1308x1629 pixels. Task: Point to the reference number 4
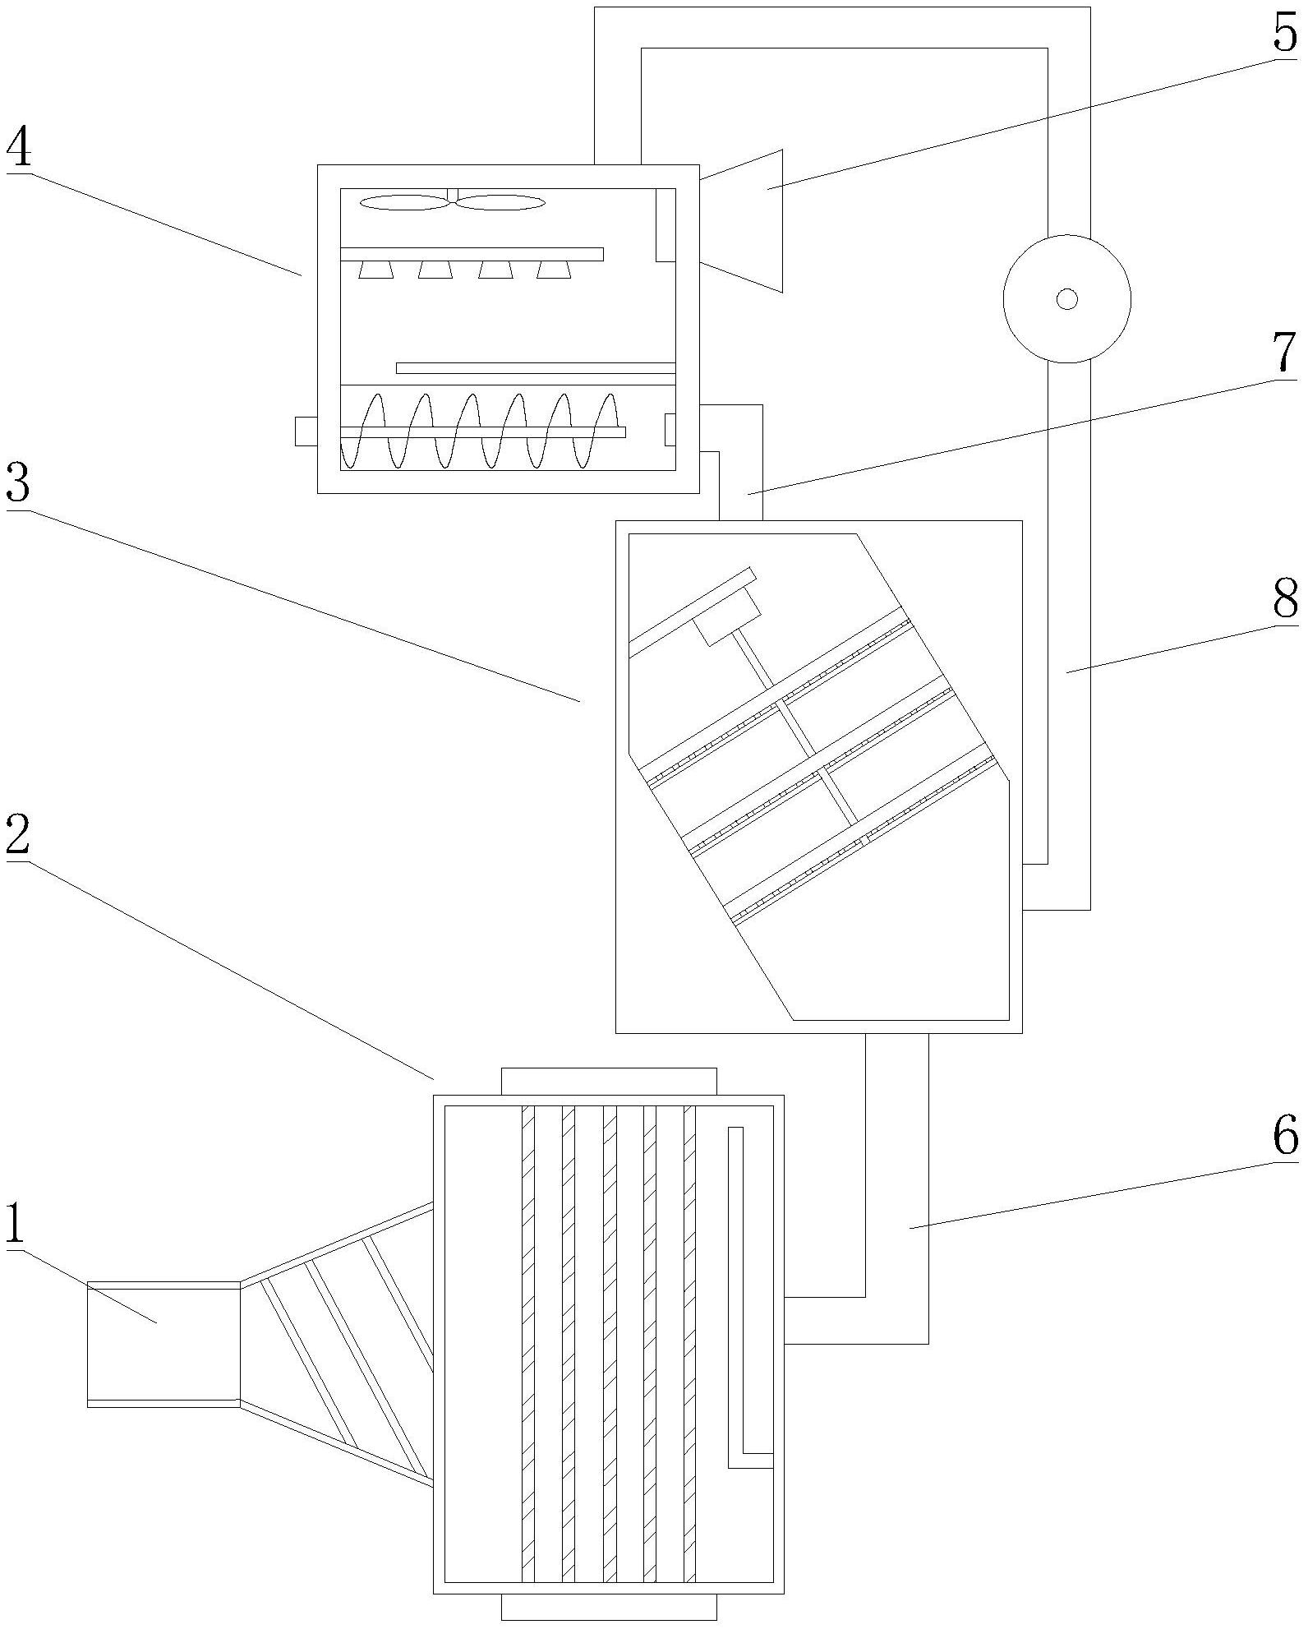click(x=20, y=148)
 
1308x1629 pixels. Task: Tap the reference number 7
click(x=1286, y=352)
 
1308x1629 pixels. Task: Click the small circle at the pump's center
click(x=1066, y=299)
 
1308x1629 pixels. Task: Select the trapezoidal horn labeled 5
click(x=741, y=220)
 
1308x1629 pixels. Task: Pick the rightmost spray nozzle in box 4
click(x=554, y=270)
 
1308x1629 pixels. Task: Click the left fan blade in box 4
click(x=403, y=202)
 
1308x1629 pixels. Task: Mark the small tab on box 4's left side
click(x=306, y=431)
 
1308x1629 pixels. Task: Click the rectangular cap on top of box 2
click(x=609, y=1082)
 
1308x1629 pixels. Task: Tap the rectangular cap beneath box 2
click(x=609, y=1607)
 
